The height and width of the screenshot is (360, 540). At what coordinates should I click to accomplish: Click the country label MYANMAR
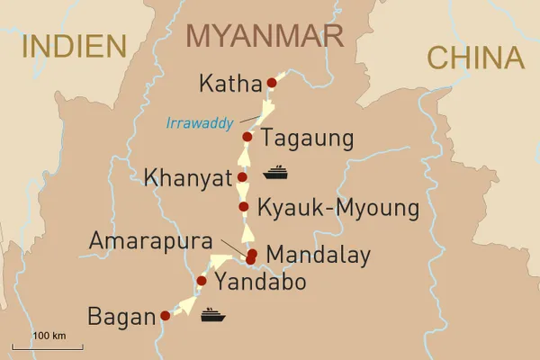tap(265, 36)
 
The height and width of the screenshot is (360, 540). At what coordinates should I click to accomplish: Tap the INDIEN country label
tap(73, 46)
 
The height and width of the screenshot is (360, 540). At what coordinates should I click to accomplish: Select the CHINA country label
tap(475, 58)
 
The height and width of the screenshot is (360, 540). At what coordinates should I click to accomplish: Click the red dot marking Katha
tap(271, 83)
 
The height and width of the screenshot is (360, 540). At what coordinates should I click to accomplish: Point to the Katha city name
tap(229, 85)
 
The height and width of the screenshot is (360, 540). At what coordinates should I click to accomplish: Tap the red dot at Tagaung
tap(247, 138)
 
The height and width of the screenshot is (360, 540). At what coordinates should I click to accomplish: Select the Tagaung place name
tap(306, 139)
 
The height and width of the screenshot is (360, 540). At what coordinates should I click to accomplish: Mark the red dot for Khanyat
tap(242, 177)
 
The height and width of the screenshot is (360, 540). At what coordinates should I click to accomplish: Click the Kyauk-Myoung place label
tap(338, 210)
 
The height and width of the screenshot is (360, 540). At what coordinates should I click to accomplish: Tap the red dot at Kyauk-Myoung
tap(244, 208)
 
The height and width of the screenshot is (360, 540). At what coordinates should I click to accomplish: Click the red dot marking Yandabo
tap(202, 282)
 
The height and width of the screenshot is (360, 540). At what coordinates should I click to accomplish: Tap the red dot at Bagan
tap(165, 316)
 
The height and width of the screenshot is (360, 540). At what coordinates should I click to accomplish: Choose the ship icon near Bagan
tap(211, 314)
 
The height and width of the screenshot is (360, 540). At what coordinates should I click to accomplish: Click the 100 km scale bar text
tap(49, 336)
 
